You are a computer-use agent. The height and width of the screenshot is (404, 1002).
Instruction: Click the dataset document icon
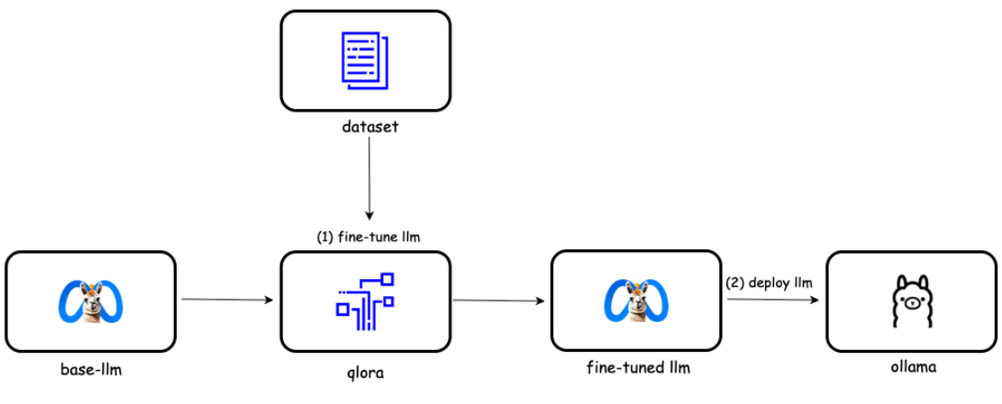click(365, 60)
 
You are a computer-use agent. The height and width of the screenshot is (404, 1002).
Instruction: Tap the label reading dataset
click(369, 127)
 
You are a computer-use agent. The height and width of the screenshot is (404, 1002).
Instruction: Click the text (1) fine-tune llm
click(369, 238)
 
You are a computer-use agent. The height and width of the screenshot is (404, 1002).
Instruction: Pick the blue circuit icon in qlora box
click(365, 301)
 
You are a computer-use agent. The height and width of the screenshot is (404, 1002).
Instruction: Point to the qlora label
click(365, 372)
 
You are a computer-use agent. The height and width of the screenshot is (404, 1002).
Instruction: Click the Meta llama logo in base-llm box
click(90, 301)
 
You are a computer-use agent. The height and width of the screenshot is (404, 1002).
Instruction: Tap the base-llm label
click(91, 369)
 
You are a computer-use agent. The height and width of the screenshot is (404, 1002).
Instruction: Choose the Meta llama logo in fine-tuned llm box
click(635, 301)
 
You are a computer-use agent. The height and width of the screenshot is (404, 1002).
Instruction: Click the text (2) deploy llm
click(770, 283)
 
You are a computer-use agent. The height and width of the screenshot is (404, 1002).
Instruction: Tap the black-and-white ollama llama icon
click(911, 301)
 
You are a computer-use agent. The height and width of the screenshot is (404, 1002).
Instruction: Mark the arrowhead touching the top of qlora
click(369, 215)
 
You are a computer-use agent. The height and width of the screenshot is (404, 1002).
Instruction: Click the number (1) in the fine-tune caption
click(324, 238)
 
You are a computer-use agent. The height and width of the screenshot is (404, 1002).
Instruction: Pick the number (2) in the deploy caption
click(733, 283)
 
